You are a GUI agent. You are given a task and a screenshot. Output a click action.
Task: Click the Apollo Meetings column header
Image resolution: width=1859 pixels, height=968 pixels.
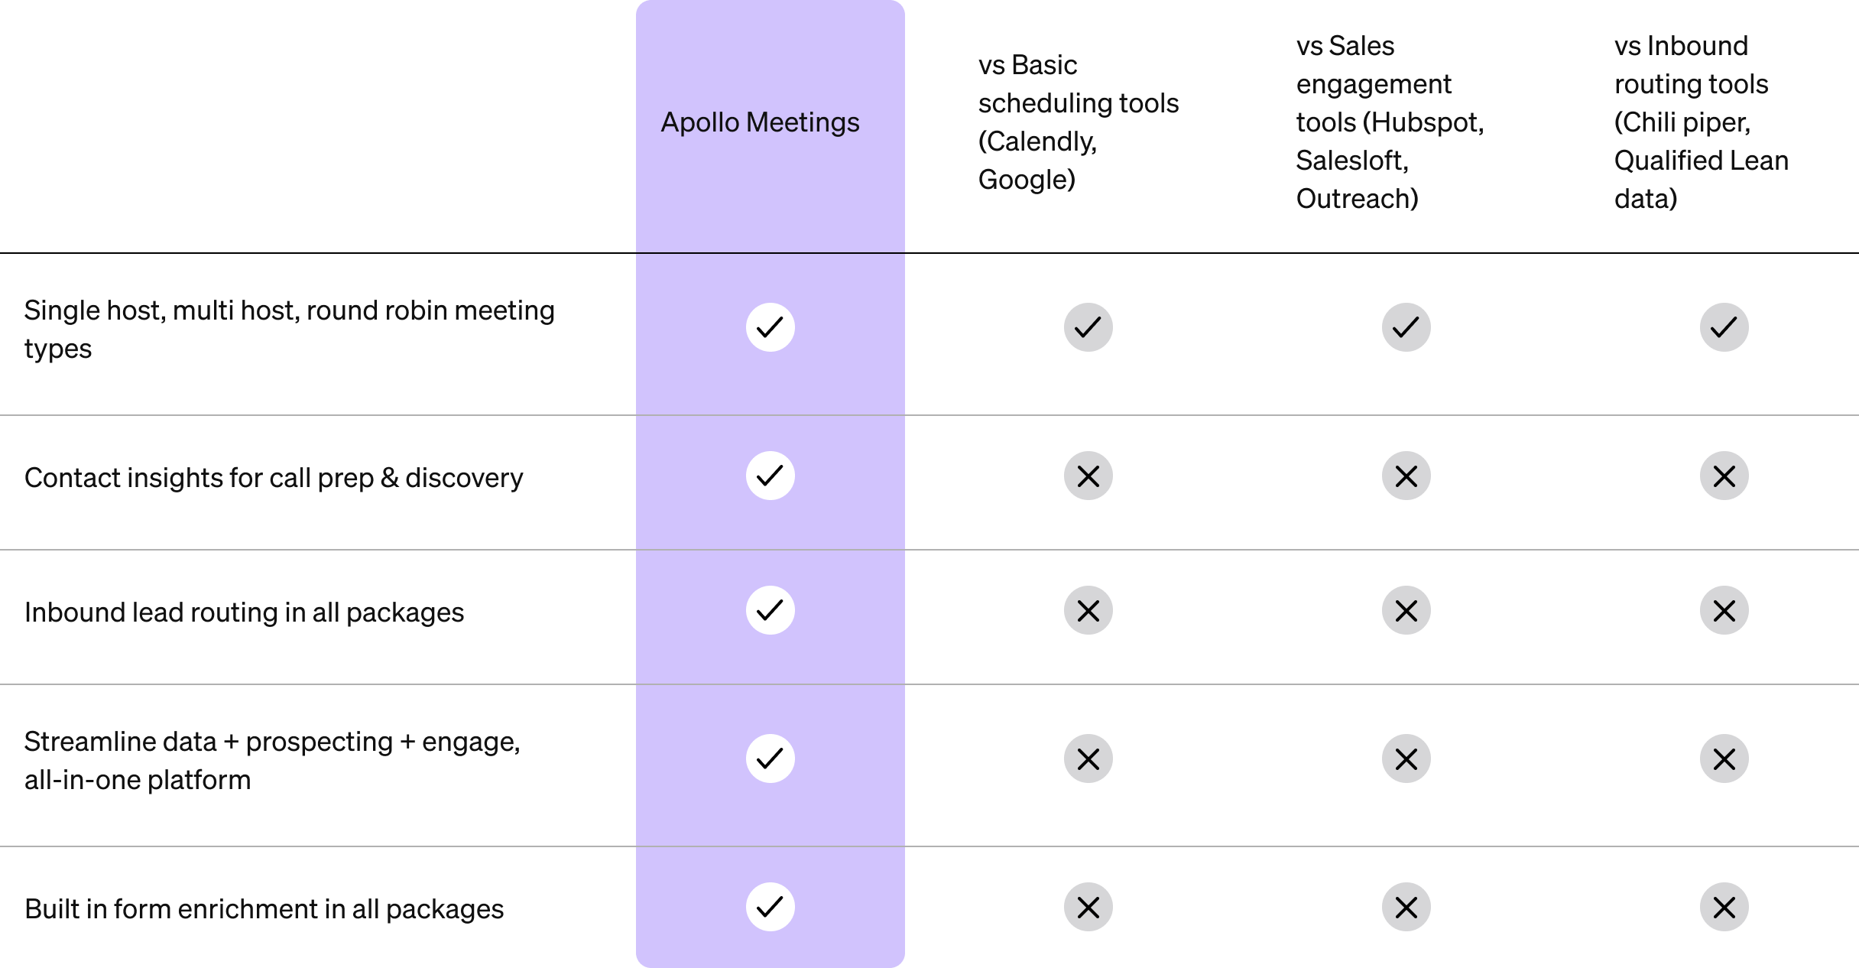click(x=760, y=122)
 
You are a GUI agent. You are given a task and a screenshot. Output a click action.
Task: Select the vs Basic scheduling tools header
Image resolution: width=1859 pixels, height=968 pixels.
click(x=1078, y=122)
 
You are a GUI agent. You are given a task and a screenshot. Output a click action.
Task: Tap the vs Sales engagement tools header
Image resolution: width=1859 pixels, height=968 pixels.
click(x=1390, y=122)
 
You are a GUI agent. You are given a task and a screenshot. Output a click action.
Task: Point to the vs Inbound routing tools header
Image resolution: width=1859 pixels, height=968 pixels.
click(x=1702, y=122)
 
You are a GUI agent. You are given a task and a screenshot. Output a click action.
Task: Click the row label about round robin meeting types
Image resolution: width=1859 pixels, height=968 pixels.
click(x=289, y=329)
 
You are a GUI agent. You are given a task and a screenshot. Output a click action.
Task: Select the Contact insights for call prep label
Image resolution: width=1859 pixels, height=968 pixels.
click(x=274, y=478)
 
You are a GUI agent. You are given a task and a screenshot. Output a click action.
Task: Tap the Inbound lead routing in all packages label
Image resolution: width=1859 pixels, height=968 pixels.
click(x=244, y=612)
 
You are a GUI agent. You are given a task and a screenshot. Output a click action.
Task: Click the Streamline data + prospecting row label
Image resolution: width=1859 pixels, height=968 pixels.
click(x=272, y=760)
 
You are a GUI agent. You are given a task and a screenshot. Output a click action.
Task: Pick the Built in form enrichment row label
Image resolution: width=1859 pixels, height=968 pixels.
click(x=264, y=909)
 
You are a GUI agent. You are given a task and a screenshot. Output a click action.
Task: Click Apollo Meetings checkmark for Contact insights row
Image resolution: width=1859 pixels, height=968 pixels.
click(x=770, y=476)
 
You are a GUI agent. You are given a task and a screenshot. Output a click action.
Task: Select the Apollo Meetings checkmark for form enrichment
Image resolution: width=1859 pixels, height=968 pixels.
click(x=770, y=907)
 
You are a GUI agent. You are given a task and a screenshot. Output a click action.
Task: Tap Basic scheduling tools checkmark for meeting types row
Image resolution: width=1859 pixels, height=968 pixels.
click(x=1088, y=327)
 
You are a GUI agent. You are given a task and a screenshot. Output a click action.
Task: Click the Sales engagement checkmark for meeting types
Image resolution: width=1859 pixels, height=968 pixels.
click(x=1406, y=327)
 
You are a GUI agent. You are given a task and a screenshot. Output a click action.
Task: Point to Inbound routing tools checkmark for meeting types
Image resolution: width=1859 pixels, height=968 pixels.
click(x=1724, y=327)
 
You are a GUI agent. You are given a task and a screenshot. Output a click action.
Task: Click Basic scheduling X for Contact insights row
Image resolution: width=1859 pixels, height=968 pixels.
click(x=1088, y=476)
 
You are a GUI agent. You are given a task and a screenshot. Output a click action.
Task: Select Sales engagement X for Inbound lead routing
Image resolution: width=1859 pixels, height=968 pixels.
click(x=1406, y=610)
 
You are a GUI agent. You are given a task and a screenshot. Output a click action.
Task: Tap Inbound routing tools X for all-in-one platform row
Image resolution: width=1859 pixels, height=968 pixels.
click(x=1724, y=758)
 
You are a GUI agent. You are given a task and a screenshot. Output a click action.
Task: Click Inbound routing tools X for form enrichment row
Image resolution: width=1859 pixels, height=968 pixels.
click(x=1724, y=907)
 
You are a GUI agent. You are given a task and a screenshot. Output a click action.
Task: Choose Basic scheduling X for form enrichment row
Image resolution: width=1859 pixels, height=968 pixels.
click(x=1088, y=907)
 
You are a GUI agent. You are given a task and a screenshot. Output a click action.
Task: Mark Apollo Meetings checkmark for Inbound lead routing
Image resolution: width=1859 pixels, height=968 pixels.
click(x=770, y=610)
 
